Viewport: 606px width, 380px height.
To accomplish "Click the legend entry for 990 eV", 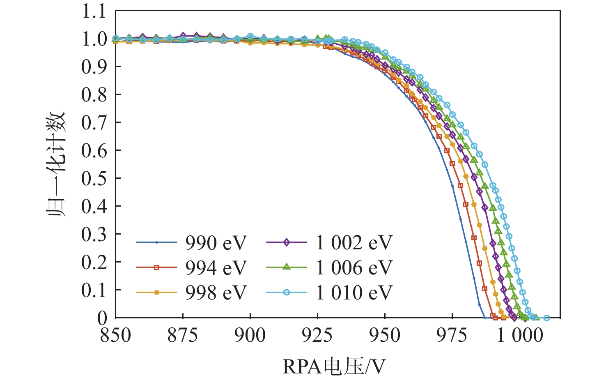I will [x=216, y=243].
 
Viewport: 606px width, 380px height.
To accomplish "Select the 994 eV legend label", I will [x=216, y=268].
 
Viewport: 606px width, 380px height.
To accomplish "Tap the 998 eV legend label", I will [x=216, y=292].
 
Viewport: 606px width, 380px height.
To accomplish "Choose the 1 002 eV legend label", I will [x=354, y=243].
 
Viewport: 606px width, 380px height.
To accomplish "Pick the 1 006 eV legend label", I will [x=354, y=268].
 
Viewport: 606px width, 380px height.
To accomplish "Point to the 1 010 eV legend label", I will [x=354, y=292].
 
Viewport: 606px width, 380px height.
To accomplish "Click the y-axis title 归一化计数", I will [x=55, y=164].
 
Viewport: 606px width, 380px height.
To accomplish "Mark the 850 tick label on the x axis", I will [x=115, y=335].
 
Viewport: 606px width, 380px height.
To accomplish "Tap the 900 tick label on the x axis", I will [x=250, y=335].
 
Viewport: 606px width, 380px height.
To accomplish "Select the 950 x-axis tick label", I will [x=385, y=335].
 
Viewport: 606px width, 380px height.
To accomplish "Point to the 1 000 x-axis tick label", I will [x=520, y=335].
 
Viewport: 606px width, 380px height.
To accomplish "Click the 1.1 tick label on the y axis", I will [x=94, y=12].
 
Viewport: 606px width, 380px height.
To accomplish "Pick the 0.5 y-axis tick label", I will [x=94, y=178].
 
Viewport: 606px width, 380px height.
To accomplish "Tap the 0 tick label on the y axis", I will [x=102, y=318].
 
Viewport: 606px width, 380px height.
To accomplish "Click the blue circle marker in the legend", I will [x=287, y=292].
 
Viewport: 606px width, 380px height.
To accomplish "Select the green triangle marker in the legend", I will [x=287, y=267].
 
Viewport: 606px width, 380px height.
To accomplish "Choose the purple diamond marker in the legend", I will [x=287, y=242].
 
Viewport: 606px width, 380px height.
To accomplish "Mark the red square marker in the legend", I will [x=156, y=267].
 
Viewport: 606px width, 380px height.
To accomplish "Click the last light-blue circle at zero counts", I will [x=546, y=318].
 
